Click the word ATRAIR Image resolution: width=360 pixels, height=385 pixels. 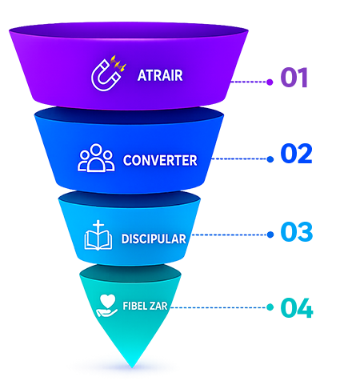pyautogui.click(x=160, y=75)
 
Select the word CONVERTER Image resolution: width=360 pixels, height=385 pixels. pyautogui.click(x=160, y=160)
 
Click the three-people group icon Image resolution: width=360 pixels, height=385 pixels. pyautogui.click(x=96, y=158)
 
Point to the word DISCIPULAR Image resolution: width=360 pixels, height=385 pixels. pyautogui.click(x=154, y=239)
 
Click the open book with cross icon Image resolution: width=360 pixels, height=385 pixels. pyautogui.click(x=98, y=235)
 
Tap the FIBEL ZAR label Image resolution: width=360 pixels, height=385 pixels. pyautogui.click(x=145, y=306)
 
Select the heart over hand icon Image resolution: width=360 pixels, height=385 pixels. pyautogui.click(x=106, y=306)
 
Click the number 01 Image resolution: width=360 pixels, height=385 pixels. pyautogui.click(x=294, y=78)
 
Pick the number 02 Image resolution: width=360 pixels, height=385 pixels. pyautogui.click(x=296, y=154)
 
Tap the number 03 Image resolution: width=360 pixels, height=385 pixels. pyautogui.click(x=297, y=231)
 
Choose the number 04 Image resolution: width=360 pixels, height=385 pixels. pyautogui.click(x=297, y=308)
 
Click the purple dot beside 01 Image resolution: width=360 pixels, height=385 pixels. pyautogui.click(x=270, y=82)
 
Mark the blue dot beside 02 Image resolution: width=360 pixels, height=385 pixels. pyautogui.click(x=270, y=159)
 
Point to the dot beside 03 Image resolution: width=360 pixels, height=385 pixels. pyautogui.click(x=270, y=235)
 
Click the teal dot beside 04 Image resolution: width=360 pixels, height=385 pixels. pyautogui.click(x=270, y=307)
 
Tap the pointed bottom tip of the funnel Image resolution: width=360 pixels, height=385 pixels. pyautogui.click(x=132, y=367)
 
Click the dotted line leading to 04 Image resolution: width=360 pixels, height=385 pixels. pyautogui.click(x=218, y=307)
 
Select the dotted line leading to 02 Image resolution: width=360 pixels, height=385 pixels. pyautogui.click(x=239, y=159)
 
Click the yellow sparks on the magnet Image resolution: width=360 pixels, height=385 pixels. pyautogui.click(x=118, y=63)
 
